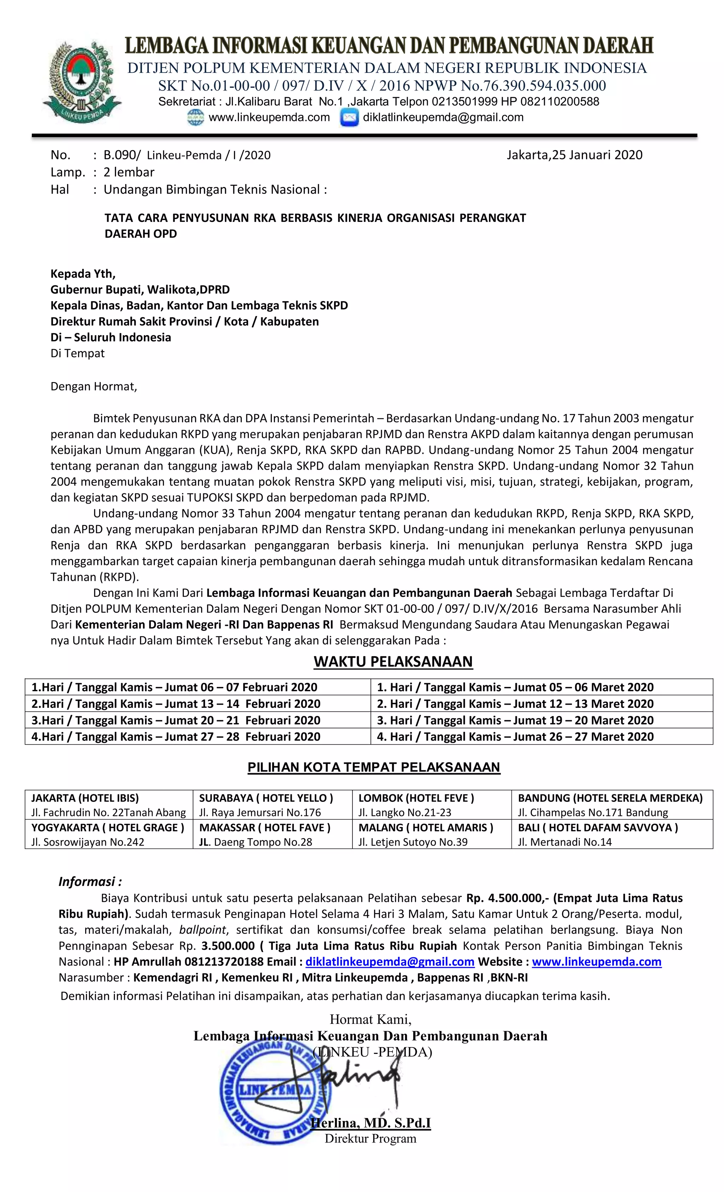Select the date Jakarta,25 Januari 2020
coord(574,155)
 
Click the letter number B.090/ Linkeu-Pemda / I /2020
coord(187,155)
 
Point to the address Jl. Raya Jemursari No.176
coord(260,812)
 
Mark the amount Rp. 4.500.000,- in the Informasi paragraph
coord(507,898)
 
